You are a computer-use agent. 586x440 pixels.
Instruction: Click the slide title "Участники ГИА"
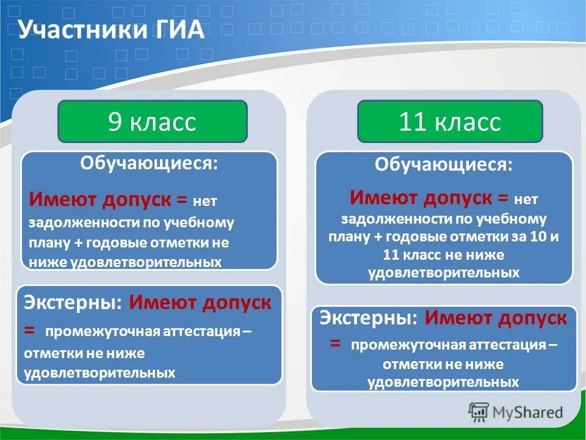pos(110,29)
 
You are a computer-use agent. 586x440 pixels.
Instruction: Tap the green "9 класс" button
pos(153,122)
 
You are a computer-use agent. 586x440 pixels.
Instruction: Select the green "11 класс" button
pos(450,122)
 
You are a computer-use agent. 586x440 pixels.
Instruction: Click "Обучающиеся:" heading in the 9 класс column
pos(149,164)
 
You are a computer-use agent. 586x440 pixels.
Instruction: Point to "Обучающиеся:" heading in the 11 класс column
pos(444,164)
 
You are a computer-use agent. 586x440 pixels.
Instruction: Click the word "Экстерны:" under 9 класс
pos(73,303)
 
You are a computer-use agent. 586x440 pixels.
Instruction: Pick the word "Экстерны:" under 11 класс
pos(369,318)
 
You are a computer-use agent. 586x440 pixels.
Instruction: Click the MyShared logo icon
pos(479,413)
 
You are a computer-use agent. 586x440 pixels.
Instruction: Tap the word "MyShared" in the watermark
pos(528,413)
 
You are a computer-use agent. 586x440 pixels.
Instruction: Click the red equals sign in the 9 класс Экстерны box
pos(30,329)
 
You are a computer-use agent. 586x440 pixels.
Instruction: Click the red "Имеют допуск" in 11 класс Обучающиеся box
pos(421,197)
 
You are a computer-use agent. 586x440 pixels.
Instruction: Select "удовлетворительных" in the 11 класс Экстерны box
pos(443,383)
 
